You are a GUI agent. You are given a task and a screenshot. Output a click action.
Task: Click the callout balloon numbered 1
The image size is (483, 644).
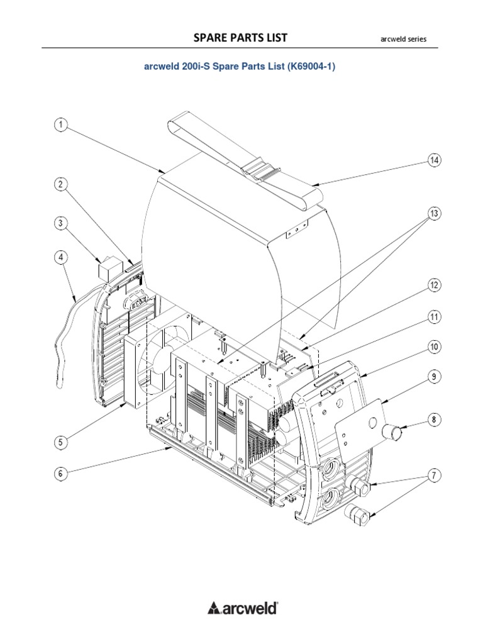pos(60,125)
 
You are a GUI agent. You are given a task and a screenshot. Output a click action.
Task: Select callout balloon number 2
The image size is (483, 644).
pos(60,184)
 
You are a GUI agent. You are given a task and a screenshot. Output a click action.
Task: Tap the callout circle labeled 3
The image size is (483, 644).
pos(60,223)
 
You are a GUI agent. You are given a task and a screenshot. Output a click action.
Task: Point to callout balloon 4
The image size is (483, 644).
pos(60,257)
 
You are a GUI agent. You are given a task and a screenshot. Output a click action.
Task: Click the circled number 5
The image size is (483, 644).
pos(60,443)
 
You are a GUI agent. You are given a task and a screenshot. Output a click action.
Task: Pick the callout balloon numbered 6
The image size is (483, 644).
pos(60,474)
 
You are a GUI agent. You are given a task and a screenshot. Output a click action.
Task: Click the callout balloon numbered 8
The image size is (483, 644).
pos(433,418)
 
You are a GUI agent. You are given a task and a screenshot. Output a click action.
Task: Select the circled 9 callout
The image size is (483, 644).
pos(433,377)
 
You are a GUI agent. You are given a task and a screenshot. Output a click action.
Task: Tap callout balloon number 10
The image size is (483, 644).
pos(433,347)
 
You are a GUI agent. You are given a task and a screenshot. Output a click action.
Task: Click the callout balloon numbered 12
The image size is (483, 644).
pos(433,286)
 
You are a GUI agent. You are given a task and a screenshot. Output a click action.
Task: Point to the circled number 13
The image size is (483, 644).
pos(433,214)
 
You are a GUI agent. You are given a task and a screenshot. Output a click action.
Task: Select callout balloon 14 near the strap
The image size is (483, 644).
pos(433,160)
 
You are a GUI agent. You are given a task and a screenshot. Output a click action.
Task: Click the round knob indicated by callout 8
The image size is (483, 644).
pos(392,432)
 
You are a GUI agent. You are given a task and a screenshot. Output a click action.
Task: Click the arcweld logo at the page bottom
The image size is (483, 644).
pos(243,608)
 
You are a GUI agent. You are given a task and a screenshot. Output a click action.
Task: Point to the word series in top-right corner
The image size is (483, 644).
pos(416,39)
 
